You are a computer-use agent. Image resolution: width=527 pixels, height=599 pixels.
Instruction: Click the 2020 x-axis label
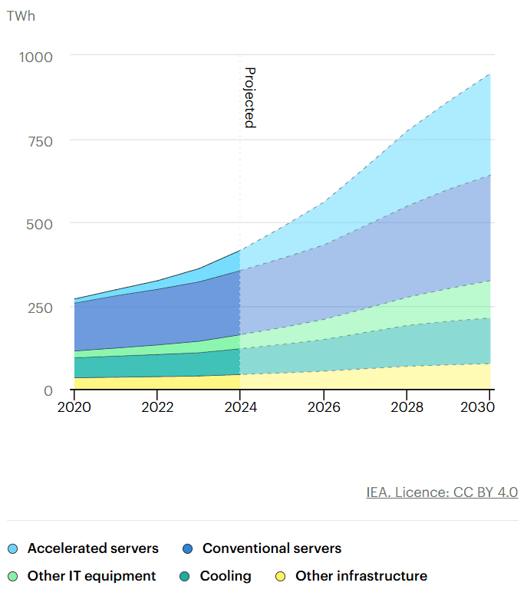pos(74,406)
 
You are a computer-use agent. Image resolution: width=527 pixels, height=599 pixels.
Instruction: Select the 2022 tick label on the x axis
pos(157,406)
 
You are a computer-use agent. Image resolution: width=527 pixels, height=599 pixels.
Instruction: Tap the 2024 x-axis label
pos(240,406)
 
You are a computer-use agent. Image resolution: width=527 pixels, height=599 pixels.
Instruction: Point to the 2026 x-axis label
pos(324,406)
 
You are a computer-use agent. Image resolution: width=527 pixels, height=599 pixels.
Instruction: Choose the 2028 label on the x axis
pos(407,406)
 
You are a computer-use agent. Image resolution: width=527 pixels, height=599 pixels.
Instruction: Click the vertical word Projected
pos(249,97)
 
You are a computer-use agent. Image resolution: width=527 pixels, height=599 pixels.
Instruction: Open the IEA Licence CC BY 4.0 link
pos(442,492)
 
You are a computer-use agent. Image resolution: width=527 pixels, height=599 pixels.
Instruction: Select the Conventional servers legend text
pos(272,548)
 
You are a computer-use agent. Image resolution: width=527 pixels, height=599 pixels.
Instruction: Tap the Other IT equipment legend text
pos(91,576)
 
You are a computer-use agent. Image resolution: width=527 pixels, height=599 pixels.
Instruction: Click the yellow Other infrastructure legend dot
pos(282,576)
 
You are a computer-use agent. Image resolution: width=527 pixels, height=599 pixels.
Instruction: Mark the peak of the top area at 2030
pos(490,74)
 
